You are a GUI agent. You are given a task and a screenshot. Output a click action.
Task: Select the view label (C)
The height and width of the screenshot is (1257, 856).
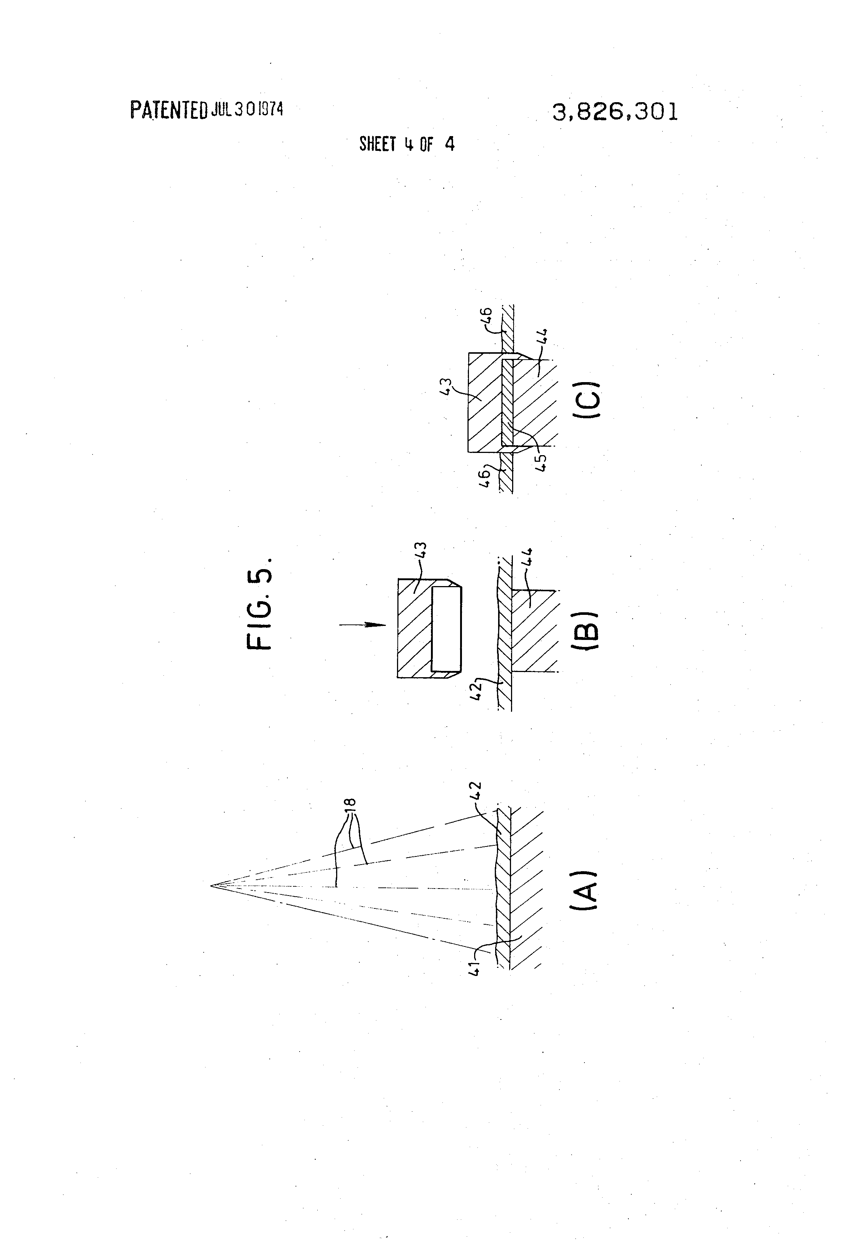(586, 400)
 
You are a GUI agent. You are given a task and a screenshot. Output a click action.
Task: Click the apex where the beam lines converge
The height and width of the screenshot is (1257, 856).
(211, 886)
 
